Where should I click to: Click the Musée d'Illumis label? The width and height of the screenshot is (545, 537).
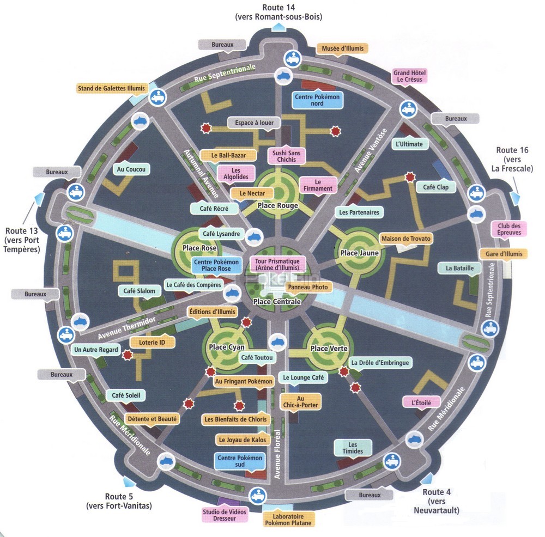(342, 48)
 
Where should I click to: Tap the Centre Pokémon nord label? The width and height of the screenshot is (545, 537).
(317, 100)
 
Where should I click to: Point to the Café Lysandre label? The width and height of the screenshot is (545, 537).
(221, 234)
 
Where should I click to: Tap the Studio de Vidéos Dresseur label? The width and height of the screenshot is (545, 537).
(225, 515)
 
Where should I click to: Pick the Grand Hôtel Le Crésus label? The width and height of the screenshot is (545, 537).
(410, 76)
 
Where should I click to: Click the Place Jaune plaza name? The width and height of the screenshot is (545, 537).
(360, 253)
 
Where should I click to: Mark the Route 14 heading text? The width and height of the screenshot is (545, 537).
(278, 12)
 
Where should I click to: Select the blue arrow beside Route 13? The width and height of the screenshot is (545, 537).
(39, 198)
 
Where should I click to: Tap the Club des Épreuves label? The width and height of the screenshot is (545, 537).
(509, 229)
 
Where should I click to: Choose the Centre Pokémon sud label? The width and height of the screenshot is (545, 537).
(240, 461)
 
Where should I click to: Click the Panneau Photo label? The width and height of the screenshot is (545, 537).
(308, 287)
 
